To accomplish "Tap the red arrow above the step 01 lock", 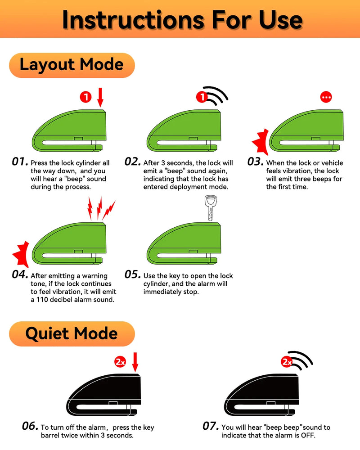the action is [100, 98].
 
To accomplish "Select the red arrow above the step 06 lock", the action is [135, 362].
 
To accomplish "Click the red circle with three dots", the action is [326, 97].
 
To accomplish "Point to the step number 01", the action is [20, 162].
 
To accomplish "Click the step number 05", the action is [133, 274].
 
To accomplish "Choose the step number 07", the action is [211, 426].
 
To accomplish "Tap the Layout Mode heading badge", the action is [72, 65].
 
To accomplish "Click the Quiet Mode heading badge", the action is [72, 334].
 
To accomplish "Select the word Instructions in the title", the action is [133, 20].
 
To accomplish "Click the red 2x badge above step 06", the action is [120, 362].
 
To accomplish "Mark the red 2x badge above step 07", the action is [287, 362].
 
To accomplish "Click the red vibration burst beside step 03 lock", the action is [261, 142].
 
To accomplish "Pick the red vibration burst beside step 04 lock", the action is [21, 254].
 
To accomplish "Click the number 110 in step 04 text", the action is [42, 300].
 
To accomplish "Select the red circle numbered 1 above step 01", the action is [85, 97].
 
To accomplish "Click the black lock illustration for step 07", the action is [261, 395].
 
